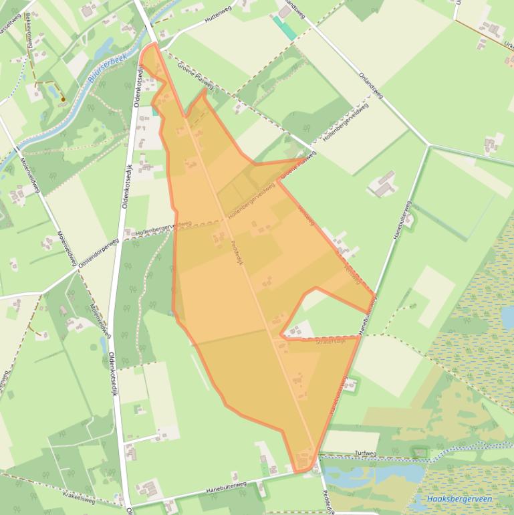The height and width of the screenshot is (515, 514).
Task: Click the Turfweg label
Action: pyautogui.click(x=366, y=453)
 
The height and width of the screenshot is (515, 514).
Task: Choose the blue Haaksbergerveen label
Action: pyautogui.click(x=459, y=499)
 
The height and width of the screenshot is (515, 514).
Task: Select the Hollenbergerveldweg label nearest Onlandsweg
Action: pyautogui.click(x=345, y=121)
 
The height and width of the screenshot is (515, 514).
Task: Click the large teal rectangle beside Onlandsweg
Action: pyautogui.click(x=285, y=28)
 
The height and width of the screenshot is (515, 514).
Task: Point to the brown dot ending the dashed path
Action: pyautogui.click(x=62, y=100)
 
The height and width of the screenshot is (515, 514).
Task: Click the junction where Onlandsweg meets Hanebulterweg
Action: pyautogui.click(x=428, y=144)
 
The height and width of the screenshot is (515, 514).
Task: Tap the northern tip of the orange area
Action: pyautogui.click(x=154, y=44)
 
